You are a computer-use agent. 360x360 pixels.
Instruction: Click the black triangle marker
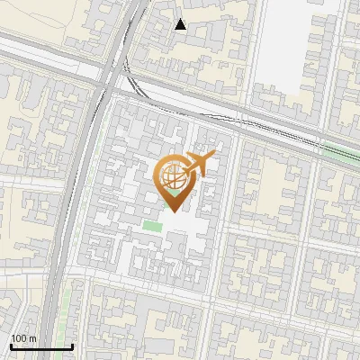(x=181, y=24)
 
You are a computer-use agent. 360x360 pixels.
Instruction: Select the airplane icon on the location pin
(x=198, y=165)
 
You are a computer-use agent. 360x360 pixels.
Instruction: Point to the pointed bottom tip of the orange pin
(x=172, y=211)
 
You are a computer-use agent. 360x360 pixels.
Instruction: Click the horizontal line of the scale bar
(x=41, y=346)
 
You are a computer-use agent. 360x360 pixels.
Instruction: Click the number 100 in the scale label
(x=19, y=338)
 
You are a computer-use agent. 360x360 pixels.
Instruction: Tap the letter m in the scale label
(x=32, y=338)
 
